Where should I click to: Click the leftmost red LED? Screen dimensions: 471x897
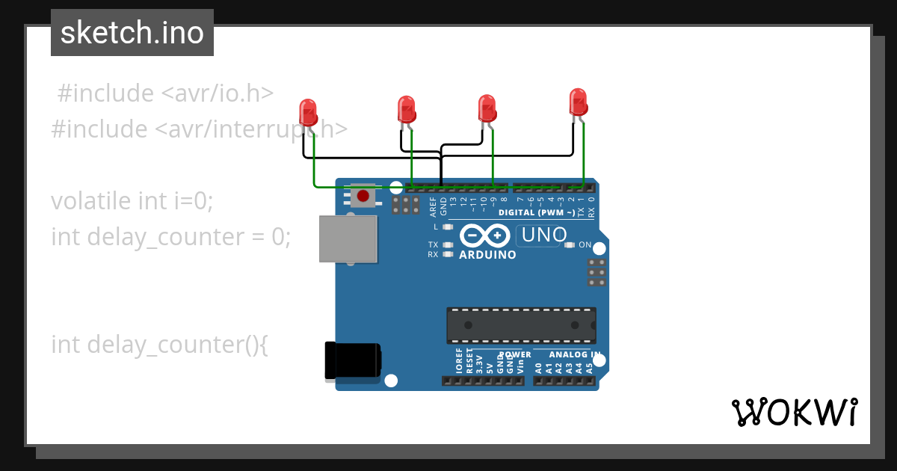[x=308, y=113]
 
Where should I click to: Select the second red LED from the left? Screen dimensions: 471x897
[x=406, y=109]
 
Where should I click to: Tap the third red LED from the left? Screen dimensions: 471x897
[x=487, y=108]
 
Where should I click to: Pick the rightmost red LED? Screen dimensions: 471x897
[x=578, y=102]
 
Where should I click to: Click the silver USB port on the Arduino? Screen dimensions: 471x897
[x=348, y=238]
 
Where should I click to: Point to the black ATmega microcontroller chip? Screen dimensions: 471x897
[x=521, y=324]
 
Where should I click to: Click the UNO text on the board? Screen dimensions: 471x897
[x=544, y=235]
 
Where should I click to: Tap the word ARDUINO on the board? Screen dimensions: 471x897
[x=487, y=255]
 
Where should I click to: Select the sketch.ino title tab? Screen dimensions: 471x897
[x=132, y=33]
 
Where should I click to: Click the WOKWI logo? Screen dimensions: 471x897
[x=794, y=412]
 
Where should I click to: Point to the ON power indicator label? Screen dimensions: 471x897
[x=585, y=245]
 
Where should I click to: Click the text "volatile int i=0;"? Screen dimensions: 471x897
[x=132, y=201]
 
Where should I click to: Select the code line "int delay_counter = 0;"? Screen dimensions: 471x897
[x=170, y=237]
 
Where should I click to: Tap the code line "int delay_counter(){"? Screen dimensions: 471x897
[x=159, y=345]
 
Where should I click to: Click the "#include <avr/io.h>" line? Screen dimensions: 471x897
[x=165, y=93]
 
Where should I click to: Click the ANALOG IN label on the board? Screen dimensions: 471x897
[x=574, y=354]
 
